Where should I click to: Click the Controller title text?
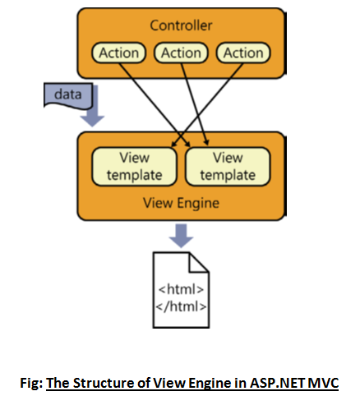pos(181,25)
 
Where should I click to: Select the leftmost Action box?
pos(118,53)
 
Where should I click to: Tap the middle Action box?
pos(181,53)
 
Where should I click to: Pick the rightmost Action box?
pos(243,53)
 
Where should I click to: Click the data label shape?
pos(68,96)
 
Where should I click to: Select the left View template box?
pos(134,167)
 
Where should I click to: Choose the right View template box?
pos(228,167)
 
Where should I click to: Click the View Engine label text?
pos(181,203)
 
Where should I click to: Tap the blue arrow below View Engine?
pos(181,236)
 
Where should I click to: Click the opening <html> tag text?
pos(181,289)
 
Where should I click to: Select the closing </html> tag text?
pos(181,306)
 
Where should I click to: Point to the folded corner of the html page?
pos(198,263)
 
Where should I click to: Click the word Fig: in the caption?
pos(31,383)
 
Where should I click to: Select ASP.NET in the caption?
pos(277,383)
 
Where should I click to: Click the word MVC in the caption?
pos(323,383)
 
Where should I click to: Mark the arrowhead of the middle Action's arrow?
pos(207,142)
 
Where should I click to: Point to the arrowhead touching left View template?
pos(173,145)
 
